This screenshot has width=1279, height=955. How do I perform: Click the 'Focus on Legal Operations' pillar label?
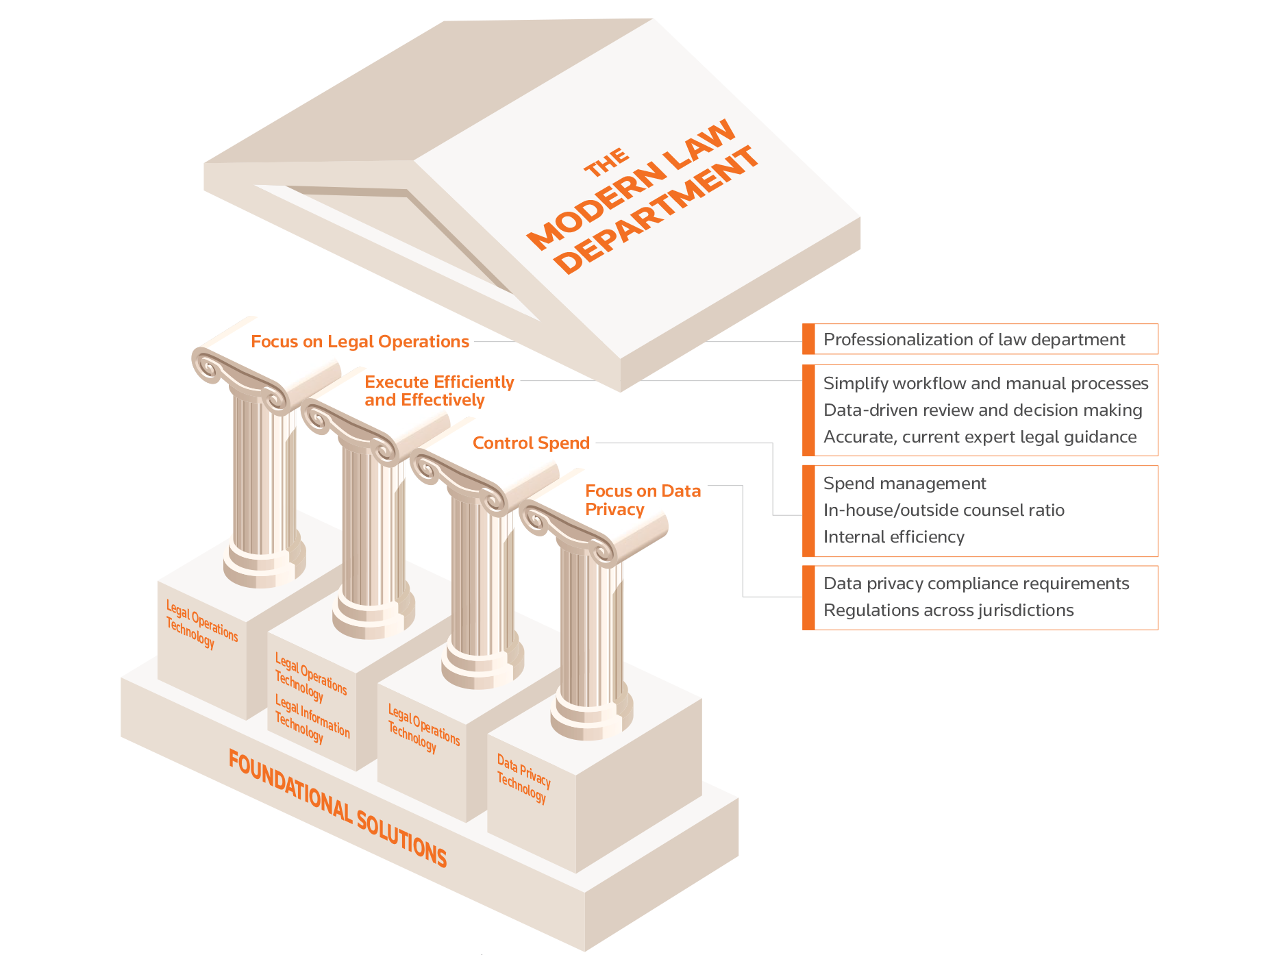(x=360, y=341)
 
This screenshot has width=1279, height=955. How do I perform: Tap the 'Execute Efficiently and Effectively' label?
(x=438, y=390)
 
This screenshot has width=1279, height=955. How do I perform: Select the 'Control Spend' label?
(x=531, y=443)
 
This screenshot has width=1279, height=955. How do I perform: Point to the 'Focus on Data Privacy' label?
(x=643, y=500)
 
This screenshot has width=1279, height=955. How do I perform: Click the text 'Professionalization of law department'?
(x=973, y=340)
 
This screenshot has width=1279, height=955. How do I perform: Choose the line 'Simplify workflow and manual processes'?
(x=985, y=384)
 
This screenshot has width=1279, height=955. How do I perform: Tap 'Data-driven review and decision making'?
(x=982, y=410)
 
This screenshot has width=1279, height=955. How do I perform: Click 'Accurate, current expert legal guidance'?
(x=980, y=437)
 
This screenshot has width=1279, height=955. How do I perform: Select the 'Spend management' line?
(x=904, y=484)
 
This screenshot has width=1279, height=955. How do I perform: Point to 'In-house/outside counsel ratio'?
(x=943, y=510)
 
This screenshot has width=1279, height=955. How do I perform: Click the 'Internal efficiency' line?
(x=893, y=537)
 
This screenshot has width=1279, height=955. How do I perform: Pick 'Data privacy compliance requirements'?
(x=976, y=584)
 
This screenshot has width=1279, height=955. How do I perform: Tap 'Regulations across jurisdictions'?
(x=948, y=610)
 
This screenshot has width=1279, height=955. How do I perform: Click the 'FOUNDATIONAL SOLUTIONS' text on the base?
(x=337, y=808)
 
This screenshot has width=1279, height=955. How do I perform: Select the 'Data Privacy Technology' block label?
(x=523, y=778)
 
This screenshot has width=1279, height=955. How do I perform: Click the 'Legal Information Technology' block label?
(x=312, y=718)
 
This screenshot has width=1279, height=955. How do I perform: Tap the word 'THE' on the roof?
(x=606, y=162)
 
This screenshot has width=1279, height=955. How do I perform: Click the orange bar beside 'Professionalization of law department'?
(x=809, y=339)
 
